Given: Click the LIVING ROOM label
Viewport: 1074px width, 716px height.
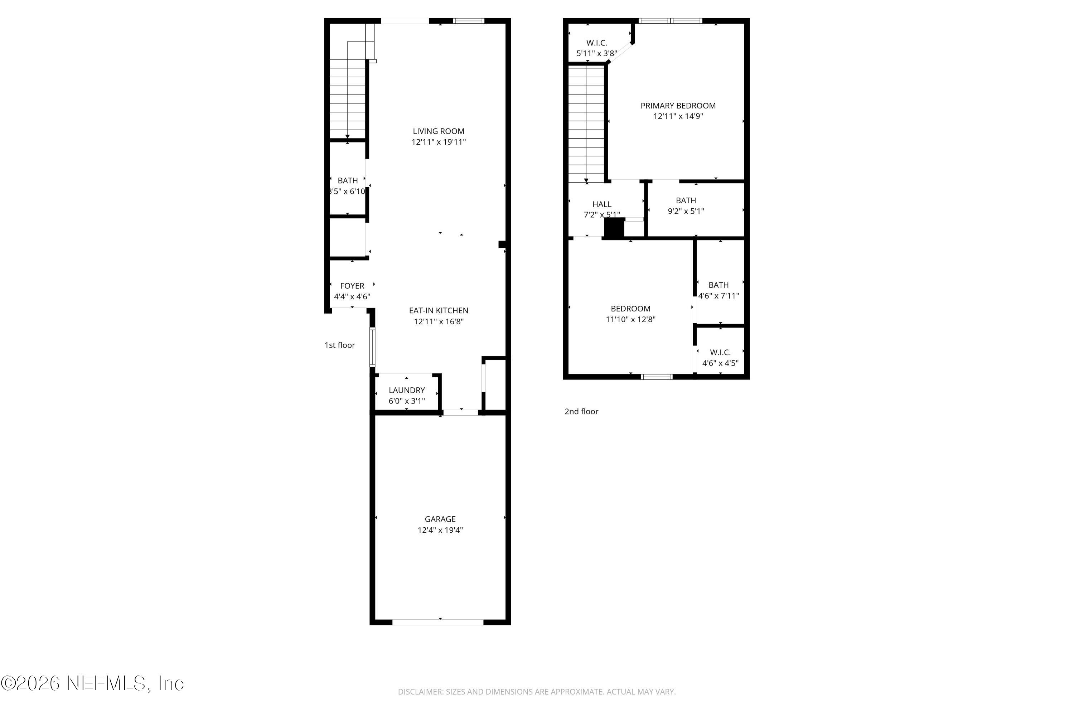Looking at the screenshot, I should click(x=438, y=131).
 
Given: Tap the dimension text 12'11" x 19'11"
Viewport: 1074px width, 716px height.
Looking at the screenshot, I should click(x=438, y=142).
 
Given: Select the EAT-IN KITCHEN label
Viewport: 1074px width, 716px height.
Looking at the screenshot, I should click(x=438, y=310).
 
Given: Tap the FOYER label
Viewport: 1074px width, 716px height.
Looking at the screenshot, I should click(x=352, y=286).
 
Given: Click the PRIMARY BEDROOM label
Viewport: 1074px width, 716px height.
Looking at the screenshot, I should click(x=678, y=106).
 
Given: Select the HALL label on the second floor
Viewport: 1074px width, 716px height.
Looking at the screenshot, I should click(x=601, y=204).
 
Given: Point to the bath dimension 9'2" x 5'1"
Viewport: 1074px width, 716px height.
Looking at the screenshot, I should click(x=686, y=212).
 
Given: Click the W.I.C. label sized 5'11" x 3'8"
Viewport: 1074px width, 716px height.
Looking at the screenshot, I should click(x=596, y=43).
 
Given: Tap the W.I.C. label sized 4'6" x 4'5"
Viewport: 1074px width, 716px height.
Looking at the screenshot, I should click(x=720, y=353).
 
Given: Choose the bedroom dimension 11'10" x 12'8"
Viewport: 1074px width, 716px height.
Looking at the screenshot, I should click(x=630, y=320).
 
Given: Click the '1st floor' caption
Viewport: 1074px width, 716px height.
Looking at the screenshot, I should click(x=340, y=345).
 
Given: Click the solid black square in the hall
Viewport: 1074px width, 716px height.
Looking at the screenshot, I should click(x=614, y=228).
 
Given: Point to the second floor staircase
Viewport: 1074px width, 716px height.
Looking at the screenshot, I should click(x=586, y=123).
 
